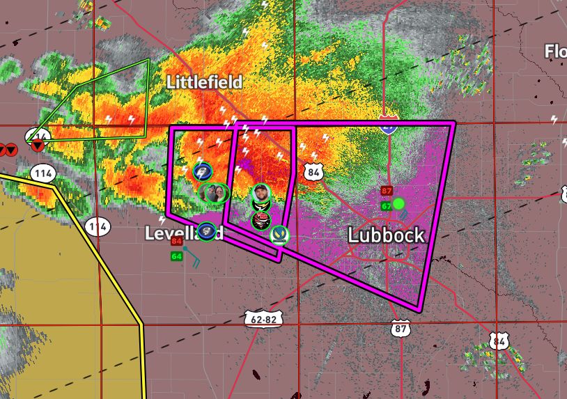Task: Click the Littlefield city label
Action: [204, 82]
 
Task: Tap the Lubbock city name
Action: [386, 235]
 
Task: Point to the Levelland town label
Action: [183, 233]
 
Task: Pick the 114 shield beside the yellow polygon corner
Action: [42, 173]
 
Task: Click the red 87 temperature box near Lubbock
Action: [387, 191]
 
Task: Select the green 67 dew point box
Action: [386, 206]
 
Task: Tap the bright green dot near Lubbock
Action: [398, 204]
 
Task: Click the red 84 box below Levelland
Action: [176, 242]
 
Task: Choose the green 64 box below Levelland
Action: [176, 256]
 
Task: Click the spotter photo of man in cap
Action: [260, 191]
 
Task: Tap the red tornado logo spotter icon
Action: [261, 221]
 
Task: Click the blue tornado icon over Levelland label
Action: [207, 230]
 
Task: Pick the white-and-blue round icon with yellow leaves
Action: [280, 234]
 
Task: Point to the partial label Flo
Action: [555, 52]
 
